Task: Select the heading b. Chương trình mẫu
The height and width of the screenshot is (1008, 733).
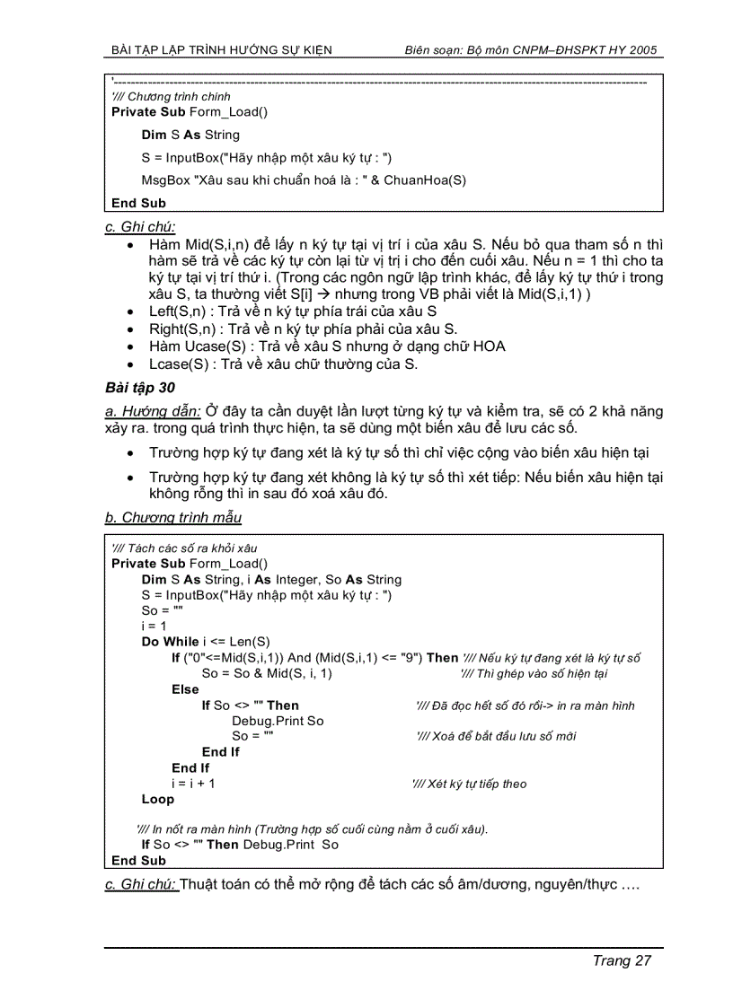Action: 172,517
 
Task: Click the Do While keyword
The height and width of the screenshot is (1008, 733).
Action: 171,642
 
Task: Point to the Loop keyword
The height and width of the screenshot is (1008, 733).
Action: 158,799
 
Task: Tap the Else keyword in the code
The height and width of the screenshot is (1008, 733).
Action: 185,689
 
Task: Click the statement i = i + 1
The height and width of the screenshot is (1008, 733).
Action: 193,784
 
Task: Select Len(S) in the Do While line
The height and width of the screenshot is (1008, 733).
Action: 250,642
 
